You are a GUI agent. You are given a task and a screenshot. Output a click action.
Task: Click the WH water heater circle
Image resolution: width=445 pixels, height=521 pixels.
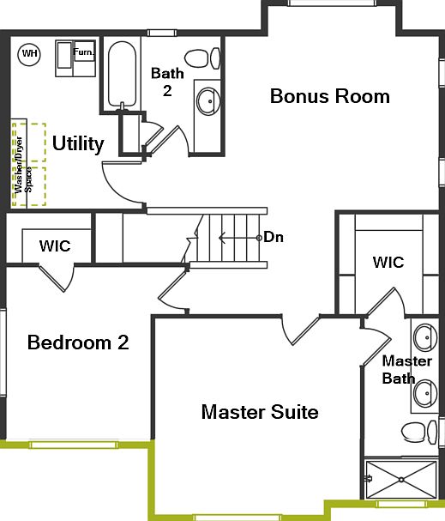(x=30, y=54)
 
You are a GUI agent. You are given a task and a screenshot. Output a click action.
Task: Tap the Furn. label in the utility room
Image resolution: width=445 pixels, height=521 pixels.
(x=83, y=52)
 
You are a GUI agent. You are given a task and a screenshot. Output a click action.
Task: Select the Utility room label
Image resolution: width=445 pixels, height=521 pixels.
(x=78, y=143)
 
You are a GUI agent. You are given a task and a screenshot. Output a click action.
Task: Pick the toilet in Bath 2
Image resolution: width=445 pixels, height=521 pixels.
(x=199, y=60)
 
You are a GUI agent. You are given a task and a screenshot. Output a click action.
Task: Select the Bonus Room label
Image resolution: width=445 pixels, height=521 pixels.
(x=329, y=95)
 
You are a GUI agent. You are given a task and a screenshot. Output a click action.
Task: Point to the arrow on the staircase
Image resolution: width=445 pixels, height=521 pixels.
(x=236, y=236)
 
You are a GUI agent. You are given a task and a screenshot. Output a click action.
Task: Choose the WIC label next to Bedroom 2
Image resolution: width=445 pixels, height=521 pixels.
(x=55, y=245)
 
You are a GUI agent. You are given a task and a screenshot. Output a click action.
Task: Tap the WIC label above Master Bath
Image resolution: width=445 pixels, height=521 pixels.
(x=388, y=262)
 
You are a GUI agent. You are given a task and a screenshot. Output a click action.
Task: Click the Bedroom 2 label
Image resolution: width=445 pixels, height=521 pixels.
(x=78, y=343)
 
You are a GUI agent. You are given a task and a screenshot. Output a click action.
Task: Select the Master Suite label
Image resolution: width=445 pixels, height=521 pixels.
(x=260, y=412)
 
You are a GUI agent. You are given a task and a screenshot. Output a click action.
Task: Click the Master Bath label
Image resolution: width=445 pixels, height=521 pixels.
(x=399, y=369)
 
